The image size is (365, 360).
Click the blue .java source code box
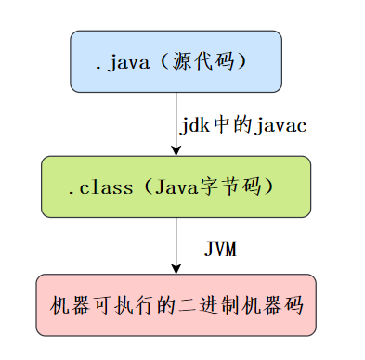[x=176, y=61]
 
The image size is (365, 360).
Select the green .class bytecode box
[x=176, y=186]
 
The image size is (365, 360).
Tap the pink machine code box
[x=176, y=304]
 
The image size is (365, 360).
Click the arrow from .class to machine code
[x=176, y=246]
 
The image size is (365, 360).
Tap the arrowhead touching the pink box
[x=176, y=269]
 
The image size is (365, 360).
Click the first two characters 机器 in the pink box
[x=70, y=304]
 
